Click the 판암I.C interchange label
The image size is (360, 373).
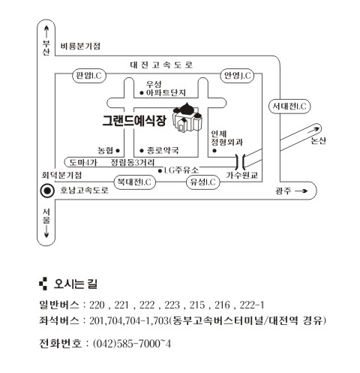(89, 75)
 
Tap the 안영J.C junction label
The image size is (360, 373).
(237, 75)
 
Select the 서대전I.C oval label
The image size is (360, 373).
(289, 107)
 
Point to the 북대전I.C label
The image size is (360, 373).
(134, 182)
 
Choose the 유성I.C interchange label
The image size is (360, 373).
(203, 182)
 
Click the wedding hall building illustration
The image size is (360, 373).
(187, 117)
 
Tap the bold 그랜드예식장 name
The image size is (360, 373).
(134, 121)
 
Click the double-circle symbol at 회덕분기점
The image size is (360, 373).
(47, 191)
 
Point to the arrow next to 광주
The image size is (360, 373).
(301, 191)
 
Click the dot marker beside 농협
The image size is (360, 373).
(118, 151)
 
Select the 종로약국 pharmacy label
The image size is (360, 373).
(163, 150)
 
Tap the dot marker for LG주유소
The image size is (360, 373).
(160, 171)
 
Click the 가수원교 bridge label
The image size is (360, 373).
(241, 175)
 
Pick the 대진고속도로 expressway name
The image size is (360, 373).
(161, 65)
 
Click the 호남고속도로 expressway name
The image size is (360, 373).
(84, 190)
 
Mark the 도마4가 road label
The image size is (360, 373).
(83, 163)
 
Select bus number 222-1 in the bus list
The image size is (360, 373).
(251, 305)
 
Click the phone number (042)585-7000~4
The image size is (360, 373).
(132, 344)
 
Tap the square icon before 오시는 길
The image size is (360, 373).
(43, 284)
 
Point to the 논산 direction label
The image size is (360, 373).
(318, 140)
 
